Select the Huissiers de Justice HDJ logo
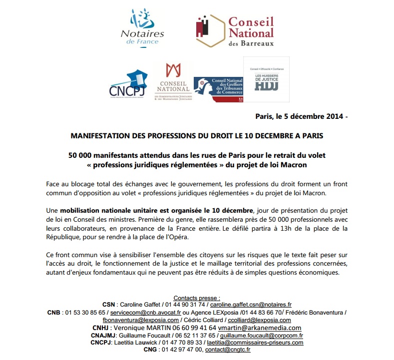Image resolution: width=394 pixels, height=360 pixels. coord(266,80)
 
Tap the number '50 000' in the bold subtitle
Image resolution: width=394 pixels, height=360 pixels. coord(80,155)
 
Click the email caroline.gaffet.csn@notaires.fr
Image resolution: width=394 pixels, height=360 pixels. coord(251,304)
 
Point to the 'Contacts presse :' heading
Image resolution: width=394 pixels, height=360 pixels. coord(197,297)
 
